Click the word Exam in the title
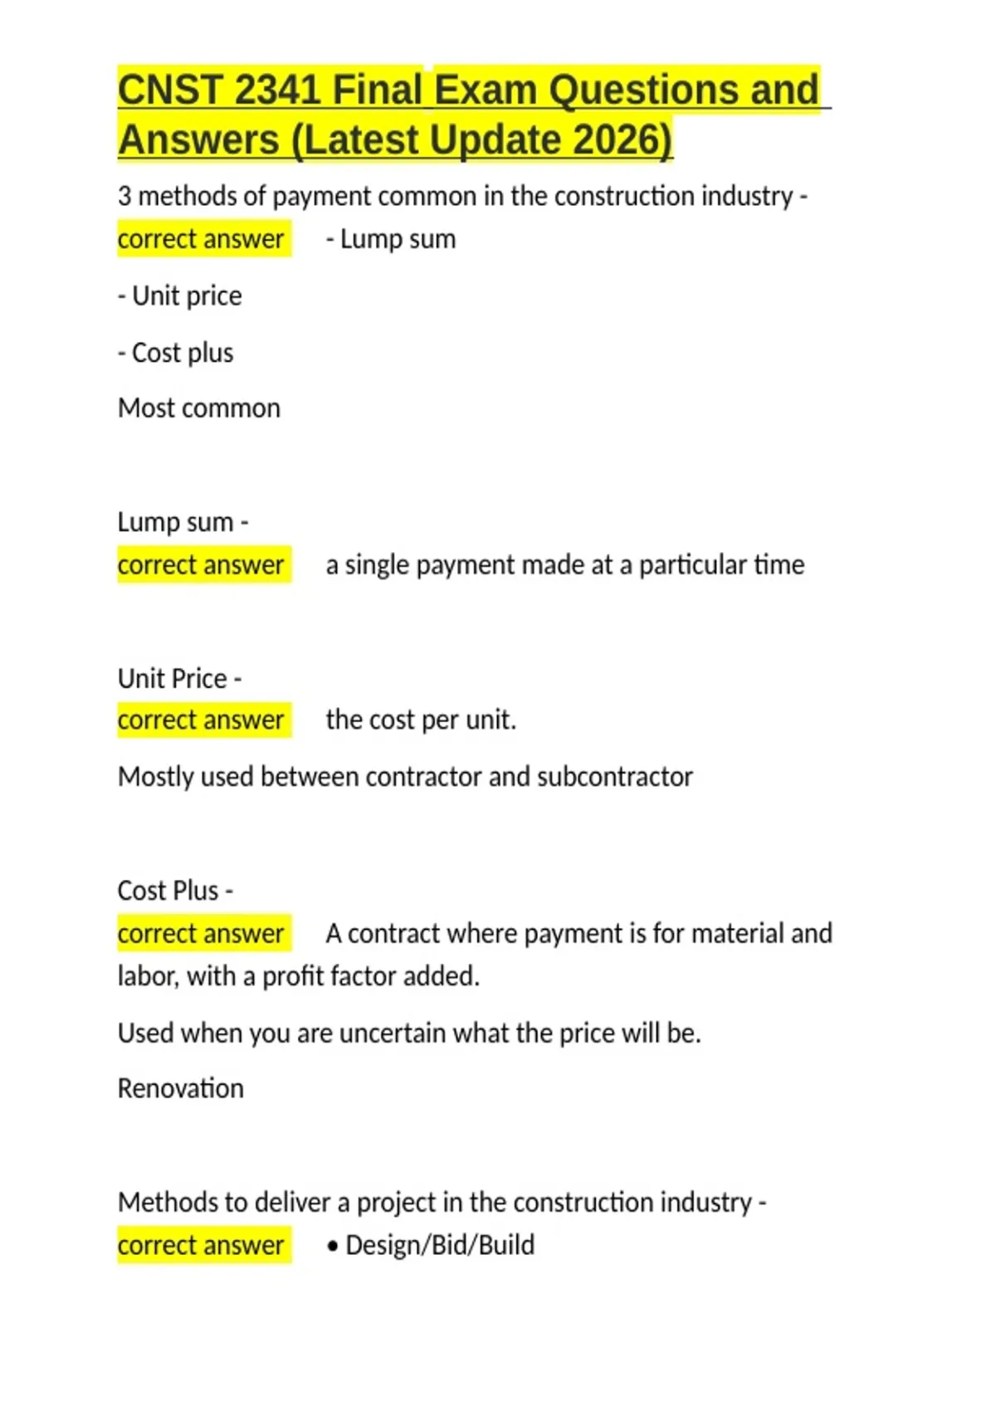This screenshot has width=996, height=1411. pos(486,90)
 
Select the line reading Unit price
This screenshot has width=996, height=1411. pos(180,296)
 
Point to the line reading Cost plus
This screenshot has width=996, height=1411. pos(176,353)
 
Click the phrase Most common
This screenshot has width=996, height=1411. pos(199,408)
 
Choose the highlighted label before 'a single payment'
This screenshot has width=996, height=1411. pos(202,565)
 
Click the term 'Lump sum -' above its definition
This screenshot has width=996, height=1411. pos(183,522)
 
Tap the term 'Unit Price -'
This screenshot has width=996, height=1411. pos(180,678)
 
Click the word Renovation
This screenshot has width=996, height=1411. pos(181,1088)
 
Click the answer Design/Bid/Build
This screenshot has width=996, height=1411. pos(440,1245)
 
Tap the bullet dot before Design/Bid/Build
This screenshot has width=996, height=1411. pos(333,1247)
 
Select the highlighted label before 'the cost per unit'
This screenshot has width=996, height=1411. pos(202,720)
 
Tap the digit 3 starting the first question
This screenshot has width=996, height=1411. pos(124,197)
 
